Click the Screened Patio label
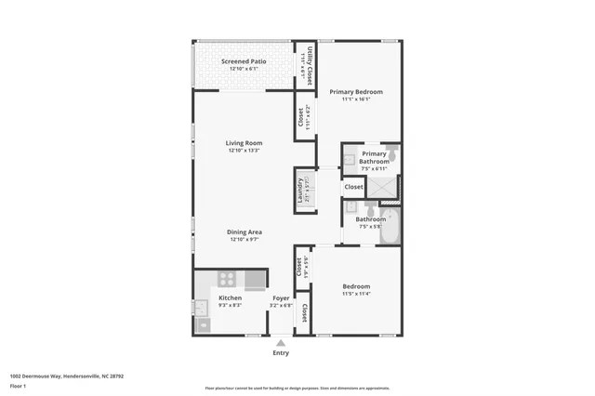244,61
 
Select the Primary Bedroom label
356,92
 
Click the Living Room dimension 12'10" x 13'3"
244,152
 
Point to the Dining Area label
244,231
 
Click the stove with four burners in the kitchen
228,279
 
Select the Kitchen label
230,298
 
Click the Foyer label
281,298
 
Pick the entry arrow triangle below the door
281,342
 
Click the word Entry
281,353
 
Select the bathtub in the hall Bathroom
390,226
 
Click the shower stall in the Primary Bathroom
382,187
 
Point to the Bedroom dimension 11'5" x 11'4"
356,294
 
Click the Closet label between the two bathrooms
353,187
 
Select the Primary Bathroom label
374,157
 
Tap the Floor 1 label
18,385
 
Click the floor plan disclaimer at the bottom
297,388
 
